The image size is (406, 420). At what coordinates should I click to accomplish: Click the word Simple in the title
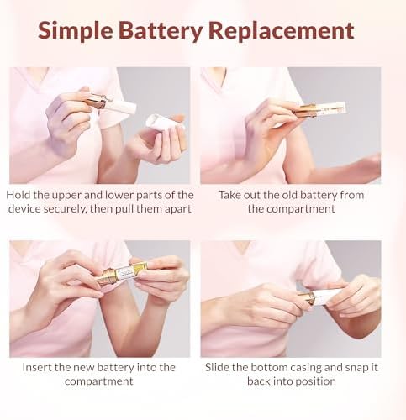(75, 31)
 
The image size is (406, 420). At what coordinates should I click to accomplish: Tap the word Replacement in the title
(282, 30)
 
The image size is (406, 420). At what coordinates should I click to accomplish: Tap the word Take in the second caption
(229, 195)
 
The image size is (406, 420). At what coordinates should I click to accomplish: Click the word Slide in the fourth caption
(218, 367)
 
